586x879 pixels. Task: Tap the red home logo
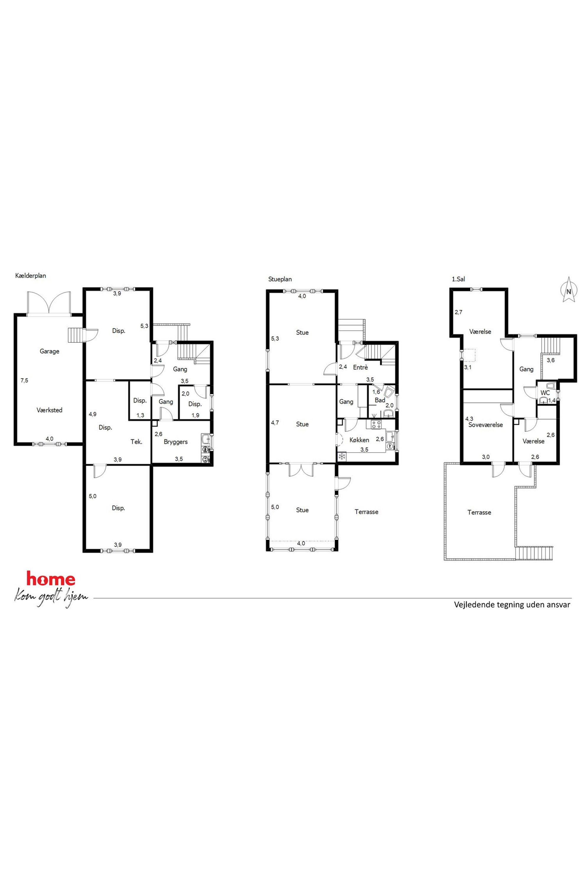tap(51, 579)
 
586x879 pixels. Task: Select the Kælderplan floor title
tap(31, 276)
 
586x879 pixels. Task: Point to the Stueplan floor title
tap(280, 279)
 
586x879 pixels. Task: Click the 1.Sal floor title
tap(459, 279)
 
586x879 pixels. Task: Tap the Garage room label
tap(50, 351)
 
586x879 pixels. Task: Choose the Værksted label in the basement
tap(49, 410)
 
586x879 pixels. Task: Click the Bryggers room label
tap(176, 442)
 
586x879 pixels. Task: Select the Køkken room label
tap(359, 440)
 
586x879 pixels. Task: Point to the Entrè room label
tap(360, 367)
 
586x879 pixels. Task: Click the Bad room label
tap(380, 400)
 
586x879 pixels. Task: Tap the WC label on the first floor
tap(545, 393)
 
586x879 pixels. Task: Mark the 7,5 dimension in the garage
tap(24, 380)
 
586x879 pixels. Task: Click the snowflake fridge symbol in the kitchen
tap(341, 456)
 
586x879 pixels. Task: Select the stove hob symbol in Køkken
tap(376, 424)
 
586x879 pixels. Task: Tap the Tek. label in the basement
tap(136, 442)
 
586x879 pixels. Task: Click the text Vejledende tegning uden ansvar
tap(512, 605)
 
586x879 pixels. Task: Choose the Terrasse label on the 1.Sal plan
tap(479, 512)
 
